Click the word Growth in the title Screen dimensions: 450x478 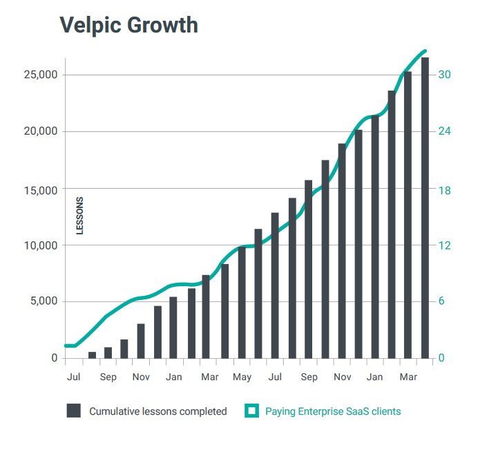pos(162,26)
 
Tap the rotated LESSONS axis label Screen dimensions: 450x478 pos(79,216)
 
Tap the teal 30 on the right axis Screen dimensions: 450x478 pos(445,75)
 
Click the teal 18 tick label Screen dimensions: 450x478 pos(445,189)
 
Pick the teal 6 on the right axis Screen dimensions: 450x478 pos(442,301)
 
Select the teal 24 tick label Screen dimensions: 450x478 pos(445,131)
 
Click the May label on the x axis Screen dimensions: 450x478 pos(242,377)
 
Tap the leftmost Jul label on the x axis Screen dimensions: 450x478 pos(74,377)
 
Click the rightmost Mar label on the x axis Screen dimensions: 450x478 pos(409,377)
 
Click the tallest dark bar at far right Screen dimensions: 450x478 pos(425,207)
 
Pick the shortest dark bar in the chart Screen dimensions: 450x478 pos(92,355)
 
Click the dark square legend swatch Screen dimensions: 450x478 pos(74,411)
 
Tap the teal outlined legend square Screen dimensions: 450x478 pos(252,411)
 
